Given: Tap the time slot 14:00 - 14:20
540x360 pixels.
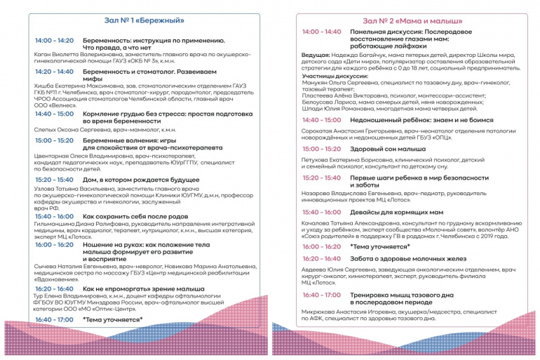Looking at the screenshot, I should [x=54, y=41].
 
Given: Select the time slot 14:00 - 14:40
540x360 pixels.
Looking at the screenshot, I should [x=322, y=32].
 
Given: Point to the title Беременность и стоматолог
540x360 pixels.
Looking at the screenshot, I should [x=134, y=72].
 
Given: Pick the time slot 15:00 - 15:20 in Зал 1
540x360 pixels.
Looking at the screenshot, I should [x=54, y=140].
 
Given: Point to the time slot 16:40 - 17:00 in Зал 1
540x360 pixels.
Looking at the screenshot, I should [x=54, y=319].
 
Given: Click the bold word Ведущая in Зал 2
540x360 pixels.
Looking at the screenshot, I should [x=316, y=55].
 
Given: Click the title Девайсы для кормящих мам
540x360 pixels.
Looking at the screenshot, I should [x=396, y=211].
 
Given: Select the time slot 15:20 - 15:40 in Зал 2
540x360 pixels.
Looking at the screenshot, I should [x=322, y=178].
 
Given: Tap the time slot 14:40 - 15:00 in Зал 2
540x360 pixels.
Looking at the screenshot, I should [x=322, y=120].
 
